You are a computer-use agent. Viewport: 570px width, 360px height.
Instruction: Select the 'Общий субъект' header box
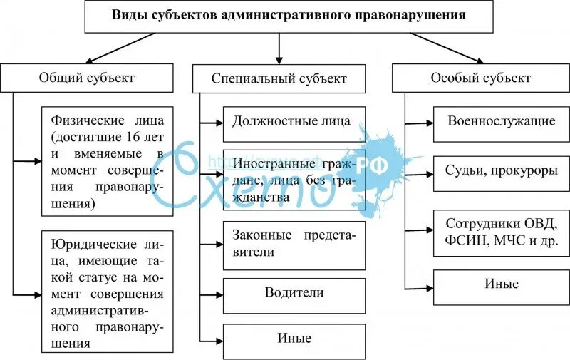click(86, 77)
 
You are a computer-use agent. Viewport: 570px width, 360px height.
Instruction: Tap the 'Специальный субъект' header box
click(279, 78)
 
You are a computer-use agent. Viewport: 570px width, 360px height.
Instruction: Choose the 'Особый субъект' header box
click(480, 77)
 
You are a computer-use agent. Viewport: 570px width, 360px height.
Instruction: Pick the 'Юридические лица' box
click(107, 291)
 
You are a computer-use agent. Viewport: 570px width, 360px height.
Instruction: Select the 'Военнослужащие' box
click(502, 121)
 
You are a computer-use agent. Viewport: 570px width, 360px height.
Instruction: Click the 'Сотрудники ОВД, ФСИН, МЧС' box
click(502, 232)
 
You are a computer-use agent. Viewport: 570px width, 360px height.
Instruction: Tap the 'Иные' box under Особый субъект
click(502, 284)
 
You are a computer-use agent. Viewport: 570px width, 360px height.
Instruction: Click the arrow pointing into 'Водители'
click(212, 293)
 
